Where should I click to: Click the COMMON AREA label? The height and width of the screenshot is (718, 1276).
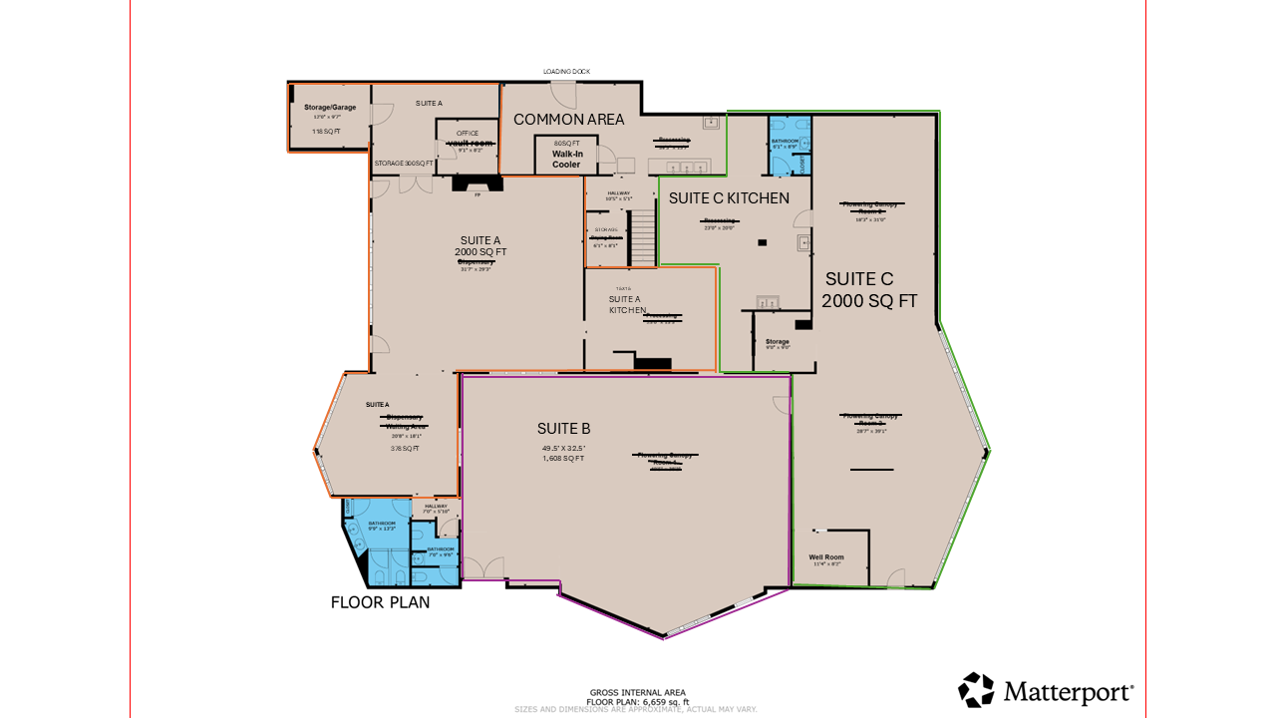pos(568,120)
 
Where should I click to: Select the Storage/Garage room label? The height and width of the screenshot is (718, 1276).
pos(323,108)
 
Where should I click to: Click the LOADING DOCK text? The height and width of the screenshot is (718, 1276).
pos(566,72)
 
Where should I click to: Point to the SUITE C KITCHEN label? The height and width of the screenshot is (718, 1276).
pos(729,198)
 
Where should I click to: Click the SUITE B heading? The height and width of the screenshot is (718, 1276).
pos(564,429)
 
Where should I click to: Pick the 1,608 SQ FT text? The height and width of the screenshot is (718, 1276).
pos(563,459)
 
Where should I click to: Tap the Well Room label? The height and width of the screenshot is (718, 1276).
pos(826,556)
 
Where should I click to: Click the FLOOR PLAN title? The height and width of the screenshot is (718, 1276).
pos(381,602)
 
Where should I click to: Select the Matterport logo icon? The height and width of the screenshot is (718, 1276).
pos(976,690)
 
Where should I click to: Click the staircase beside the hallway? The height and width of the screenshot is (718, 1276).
pos(643,239)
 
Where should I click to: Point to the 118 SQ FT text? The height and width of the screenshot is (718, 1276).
pos(326,132)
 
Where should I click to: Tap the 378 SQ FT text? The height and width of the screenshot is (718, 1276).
pos(405,449)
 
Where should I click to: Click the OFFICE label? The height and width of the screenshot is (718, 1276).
pos(468,133)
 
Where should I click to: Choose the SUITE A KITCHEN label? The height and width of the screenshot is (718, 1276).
pos(628,304)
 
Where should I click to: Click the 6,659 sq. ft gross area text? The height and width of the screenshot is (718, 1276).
pos(636,701)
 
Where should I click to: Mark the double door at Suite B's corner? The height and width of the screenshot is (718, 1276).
pos(485,569)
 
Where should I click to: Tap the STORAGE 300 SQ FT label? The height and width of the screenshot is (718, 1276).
pos(404,164)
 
